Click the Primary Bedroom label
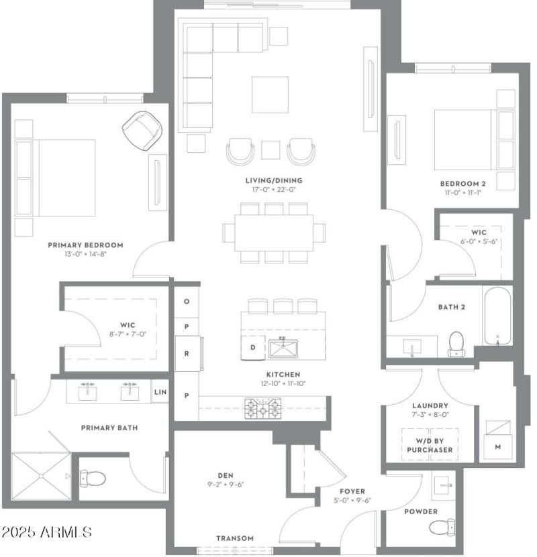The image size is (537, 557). tap(85, 245)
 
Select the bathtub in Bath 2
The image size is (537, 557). tap(497, 315)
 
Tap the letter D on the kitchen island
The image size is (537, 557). tap(252, 347)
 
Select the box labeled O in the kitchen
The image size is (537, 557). tap(187, 301)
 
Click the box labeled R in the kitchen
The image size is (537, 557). tap(187, 353)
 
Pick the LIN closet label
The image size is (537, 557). tap(160, 391)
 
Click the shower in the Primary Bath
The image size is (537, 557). tap(40, 476)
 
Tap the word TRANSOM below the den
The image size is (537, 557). tap(235, 538)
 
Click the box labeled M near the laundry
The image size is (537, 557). tap(497, 446)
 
